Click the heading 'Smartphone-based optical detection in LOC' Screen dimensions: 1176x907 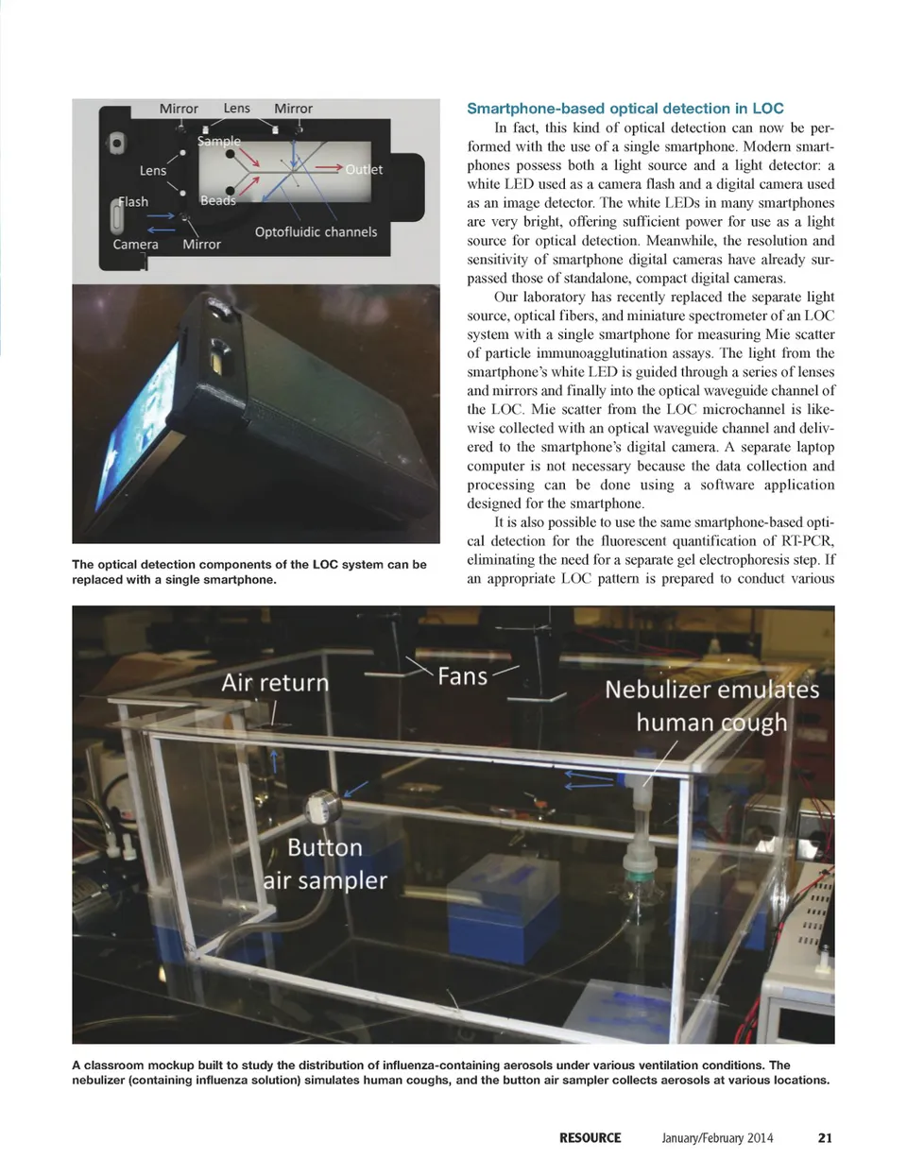tap(625, 109)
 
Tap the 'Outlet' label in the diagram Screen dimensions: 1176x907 tap(364, 169)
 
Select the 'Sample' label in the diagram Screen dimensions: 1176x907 tap(219, 141)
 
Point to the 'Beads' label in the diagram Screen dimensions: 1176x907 tap(218, 200)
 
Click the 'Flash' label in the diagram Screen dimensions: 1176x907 tap(133, 201)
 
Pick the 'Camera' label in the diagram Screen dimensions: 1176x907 tap(135, 244)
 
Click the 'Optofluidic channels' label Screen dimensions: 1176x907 tap(316, 231)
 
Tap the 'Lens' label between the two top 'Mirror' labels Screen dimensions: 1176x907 tap(236, 108)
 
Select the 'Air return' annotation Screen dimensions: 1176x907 tap(275, 682)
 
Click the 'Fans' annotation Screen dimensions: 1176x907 tap(462, 676)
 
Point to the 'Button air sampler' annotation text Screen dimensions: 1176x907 tap(325, 863)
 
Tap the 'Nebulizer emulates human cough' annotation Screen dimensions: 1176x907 tap(711, 706)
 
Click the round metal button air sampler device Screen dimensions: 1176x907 tap(320, 809)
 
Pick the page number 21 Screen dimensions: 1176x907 tap(825, 1137)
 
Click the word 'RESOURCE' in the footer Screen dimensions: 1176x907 tap(590, 1137)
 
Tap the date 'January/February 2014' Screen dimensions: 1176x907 tap(717, 1137)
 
